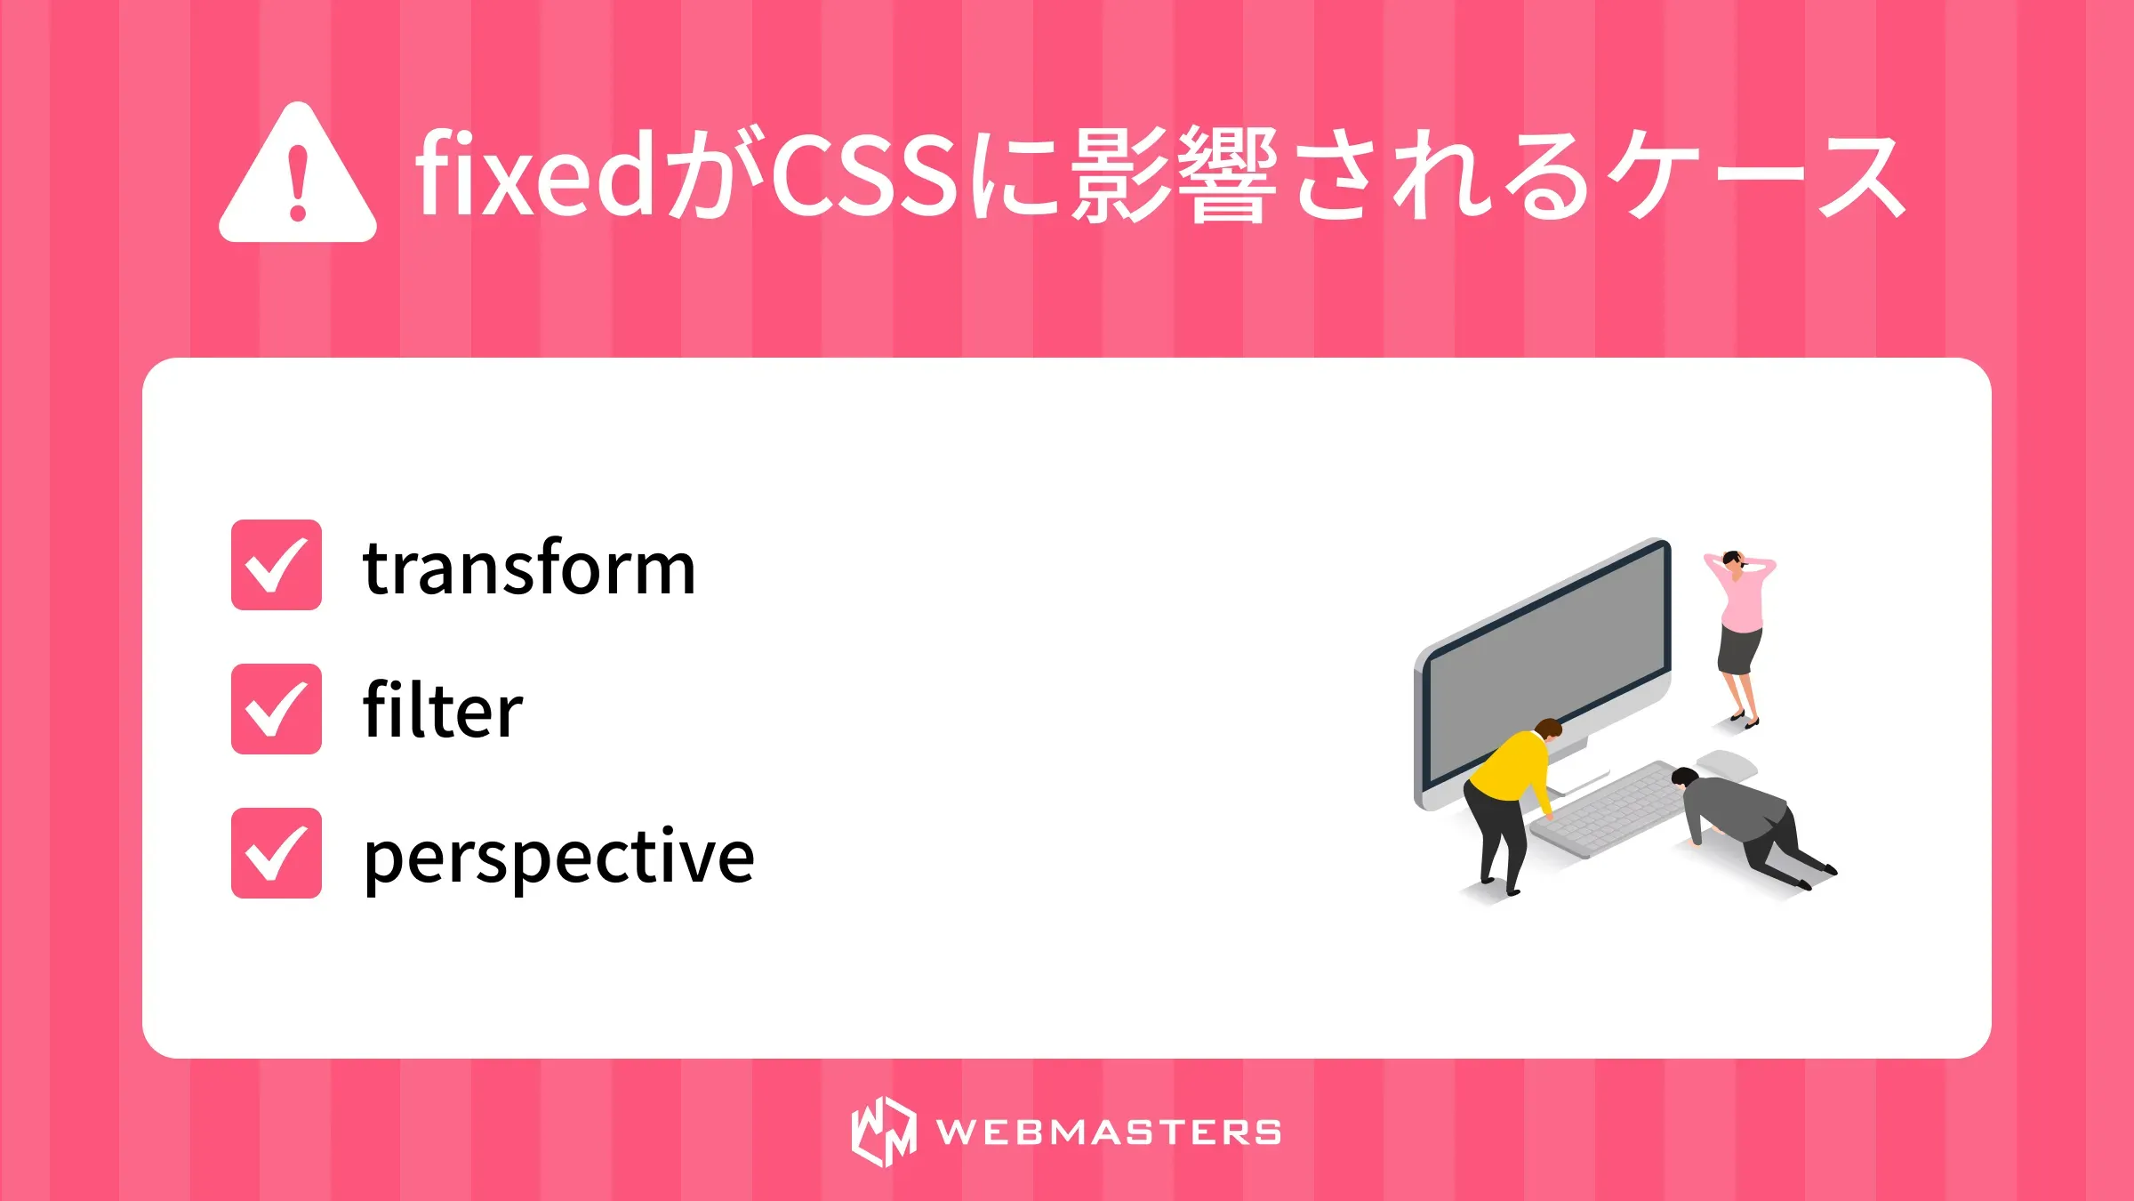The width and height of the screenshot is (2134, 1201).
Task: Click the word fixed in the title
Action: point(534,174)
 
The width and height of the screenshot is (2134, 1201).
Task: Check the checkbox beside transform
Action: point(276,565)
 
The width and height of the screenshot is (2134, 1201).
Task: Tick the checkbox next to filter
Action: point(276,709)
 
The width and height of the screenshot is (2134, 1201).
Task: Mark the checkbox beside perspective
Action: point(276,853)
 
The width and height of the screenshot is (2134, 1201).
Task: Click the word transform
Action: point(529,568)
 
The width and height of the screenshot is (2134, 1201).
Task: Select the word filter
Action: point(443,711)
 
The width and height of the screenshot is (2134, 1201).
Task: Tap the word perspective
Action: point(559,857)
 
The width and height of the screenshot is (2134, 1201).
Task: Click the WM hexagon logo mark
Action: point(883,1132)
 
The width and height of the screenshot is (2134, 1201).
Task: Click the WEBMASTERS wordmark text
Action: point(1108,1132)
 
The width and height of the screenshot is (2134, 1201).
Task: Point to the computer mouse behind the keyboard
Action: point(1727,764)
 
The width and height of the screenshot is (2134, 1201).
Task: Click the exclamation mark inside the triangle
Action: point(299,181)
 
